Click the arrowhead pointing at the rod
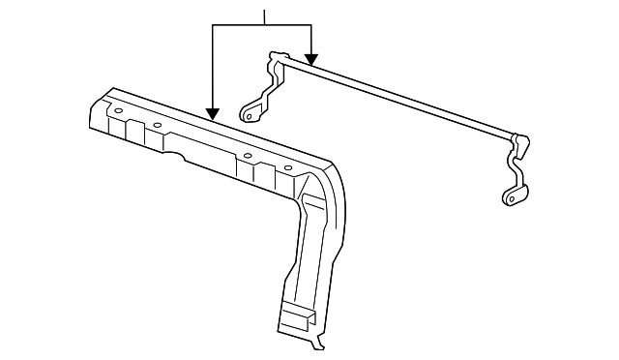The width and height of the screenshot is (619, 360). [x=310, y=59]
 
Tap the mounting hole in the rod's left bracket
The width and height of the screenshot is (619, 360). [x=250, y=116]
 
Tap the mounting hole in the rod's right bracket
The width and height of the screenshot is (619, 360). [x=509, y=198]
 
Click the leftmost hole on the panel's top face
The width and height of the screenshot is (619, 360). [x=118, y=111]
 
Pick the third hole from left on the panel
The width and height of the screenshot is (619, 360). [x=248, y=155]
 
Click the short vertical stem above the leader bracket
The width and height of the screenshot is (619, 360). [x=263, y=15]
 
